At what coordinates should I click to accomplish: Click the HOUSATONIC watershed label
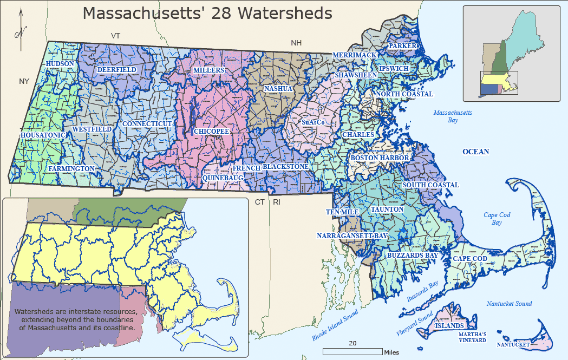pyautogui.click(x=43, y=135)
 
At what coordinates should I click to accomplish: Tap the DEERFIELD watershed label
pyautogui.click(x=116, y=70)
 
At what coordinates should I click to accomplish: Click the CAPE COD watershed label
pyautogui.click(x=469, y=259)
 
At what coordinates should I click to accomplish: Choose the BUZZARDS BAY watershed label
pyautogui.click(x=412, y=255)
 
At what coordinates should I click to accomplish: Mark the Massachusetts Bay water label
pyautogui.click(x=453, y=116)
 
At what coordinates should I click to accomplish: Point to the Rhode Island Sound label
pyautogui.click(x=336, y=325)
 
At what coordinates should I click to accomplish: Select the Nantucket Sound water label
pyautogui.click(x=508, y=304)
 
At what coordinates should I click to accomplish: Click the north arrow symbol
pyautogui.click(x=19, y=30)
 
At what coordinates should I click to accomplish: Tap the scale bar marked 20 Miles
pyautogui.click(x=352, y=351)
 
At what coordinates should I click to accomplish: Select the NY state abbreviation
pyautogui.click(x=24, y=82)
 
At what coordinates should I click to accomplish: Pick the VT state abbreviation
pyautogui.click(x=115, y=35)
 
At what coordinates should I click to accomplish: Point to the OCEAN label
pyautogui.click(x=475, y=152)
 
